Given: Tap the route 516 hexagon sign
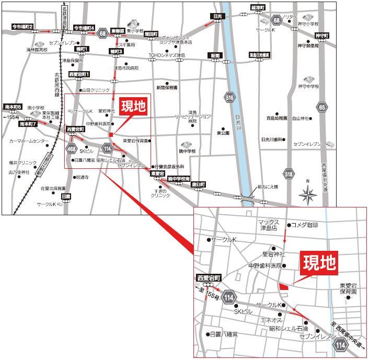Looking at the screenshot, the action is (x=229, y=97).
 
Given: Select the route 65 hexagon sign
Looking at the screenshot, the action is (x=322, y=107).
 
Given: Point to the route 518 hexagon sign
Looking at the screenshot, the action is (x=289, y=173).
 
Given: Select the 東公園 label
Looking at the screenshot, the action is (x=223, y=133).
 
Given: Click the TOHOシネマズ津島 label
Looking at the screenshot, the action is (x=167, y=55).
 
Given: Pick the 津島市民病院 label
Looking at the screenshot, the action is (x=126, y=68).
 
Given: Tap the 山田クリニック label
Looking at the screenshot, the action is (x=95, y=90).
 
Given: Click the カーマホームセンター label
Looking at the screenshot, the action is (x=29, y=141).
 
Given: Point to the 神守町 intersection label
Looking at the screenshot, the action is (x=321, y=36).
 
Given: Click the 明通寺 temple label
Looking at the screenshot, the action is (x=82, y=177).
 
